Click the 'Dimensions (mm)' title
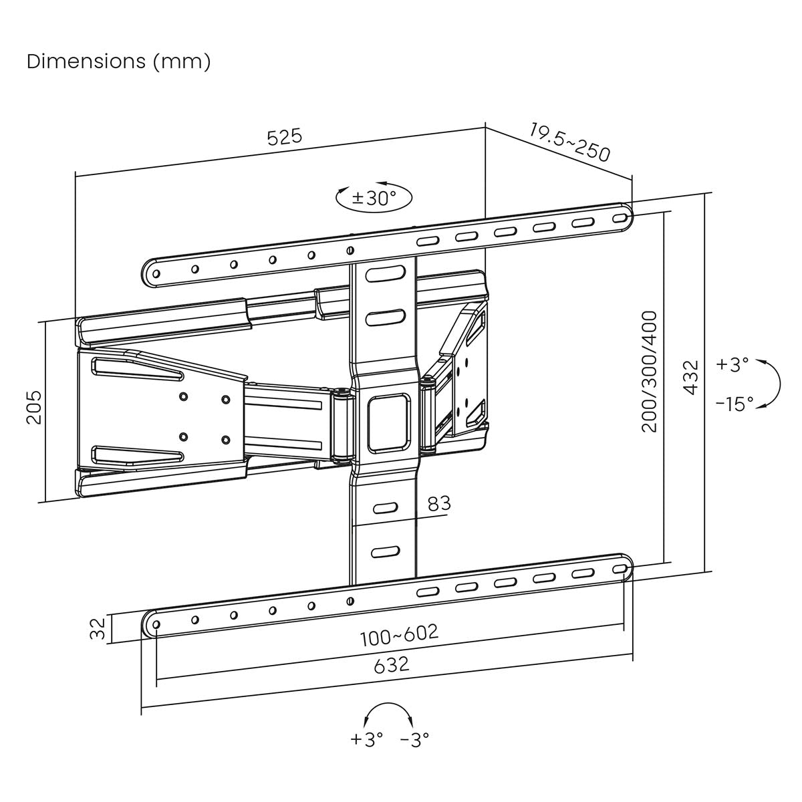click(118, 61)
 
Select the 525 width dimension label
click(285, 137)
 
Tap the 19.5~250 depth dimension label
click(570, 142)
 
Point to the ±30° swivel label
click(374, 198)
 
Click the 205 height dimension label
click(33, 407)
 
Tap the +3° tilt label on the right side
click(732, 364)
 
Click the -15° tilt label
click(734, 404)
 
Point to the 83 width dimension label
click(439, 503)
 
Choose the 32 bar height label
click(98, 628)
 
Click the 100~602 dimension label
click(399, 634)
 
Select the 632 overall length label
click(392, 666)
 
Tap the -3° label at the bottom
click(414, 739)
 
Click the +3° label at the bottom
click(366, 739)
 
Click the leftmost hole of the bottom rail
click(156, 624)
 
